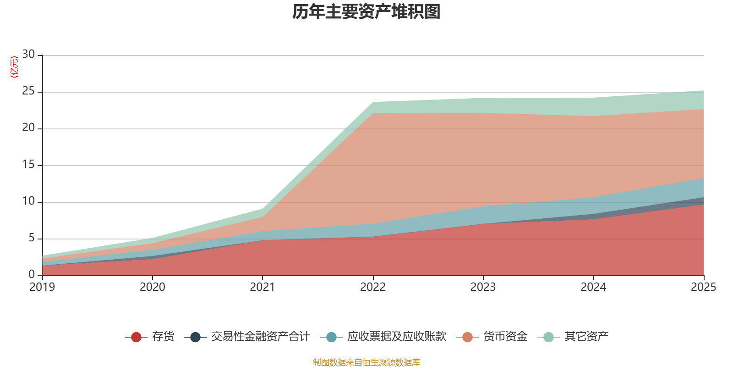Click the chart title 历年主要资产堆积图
coord(366,12)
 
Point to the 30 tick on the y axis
coord(28,55)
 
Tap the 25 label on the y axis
coord(28,91)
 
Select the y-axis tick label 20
coord(28,128)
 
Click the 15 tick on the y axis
coord(28,165)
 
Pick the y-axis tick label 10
coord(28,201)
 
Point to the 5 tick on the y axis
coord(32,238)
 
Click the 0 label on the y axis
coord(32,274)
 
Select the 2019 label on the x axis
coord(42,287)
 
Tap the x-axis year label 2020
coord(152,287)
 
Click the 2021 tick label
coord(262,287)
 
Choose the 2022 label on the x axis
coord(373,287)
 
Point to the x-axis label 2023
coord(483,287)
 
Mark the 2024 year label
coord(593,287)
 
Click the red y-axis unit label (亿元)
coord(14,67)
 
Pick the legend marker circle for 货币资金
coord(467,337)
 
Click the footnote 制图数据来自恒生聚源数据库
coord(366,362)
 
